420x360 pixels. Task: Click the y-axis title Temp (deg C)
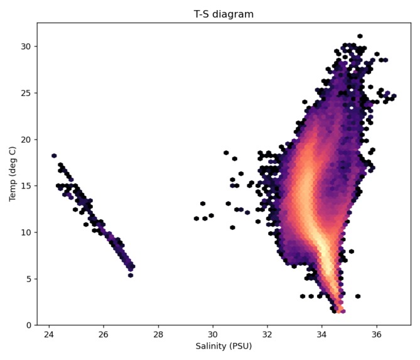pyautogui.click(x=13, y=174)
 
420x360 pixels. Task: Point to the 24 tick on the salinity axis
pyautogui.click(x=49, y=334)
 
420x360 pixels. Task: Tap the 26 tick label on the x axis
pyautogui.click(x=104, y=334)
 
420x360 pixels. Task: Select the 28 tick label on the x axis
pyautogui.click(x=158, y=334)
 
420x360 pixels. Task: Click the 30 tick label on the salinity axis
pyautogui.click(x=213, y=334)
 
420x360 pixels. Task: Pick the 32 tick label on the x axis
pyautogui.click(x=267, y=334)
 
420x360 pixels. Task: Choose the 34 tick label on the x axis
pyautogui.click(x=322, y=334)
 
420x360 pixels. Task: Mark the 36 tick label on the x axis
pyautogui.click(x=377, y=334)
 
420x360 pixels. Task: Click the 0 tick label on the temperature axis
pyautogui.click(x=29, y=325)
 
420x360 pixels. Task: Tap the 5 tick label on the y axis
pyautogui.click(x=29, y=279)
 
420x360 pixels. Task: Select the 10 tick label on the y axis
pyautogui.click(x=26, y=232)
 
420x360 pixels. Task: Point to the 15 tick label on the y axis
pyautogui.click(x=26, y=186)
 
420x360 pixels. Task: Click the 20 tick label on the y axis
pyautogui.click(x=26, y=139)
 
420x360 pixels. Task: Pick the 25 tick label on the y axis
pyautogui.click(x=26, y=93)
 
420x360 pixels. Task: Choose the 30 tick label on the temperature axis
pyautogui.click(x=26, y=46)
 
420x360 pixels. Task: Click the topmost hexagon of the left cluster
pyautogui.click(x=54, y=156)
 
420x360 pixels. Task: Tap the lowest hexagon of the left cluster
pyautogui.click(x=130, y=275)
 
